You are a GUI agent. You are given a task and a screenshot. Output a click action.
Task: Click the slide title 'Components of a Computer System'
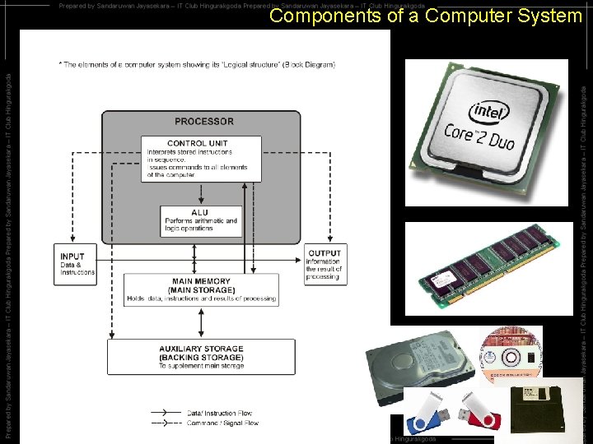(425, 16)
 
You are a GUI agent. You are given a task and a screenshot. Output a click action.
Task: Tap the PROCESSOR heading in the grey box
(203, 122)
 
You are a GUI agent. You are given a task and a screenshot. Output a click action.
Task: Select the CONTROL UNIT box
(201, 159)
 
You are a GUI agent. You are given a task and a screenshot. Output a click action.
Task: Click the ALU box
(201, 220)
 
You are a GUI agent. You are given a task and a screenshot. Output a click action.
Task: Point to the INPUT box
(76, 264)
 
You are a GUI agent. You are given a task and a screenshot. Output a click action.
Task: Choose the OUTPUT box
(324, 264)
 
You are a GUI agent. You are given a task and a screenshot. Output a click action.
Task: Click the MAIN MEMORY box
(201, 289)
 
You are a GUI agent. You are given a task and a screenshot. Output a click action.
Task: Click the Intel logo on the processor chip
(489, 111)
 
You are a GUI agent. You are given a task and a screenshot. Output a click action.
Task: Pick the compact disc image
(511, 354)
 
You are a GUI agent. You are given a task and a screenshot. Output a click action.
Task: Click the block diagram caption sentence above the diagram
(197, 64)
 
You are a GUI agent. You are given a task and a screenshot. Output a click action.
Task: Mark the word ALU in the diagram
(200, 212)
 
